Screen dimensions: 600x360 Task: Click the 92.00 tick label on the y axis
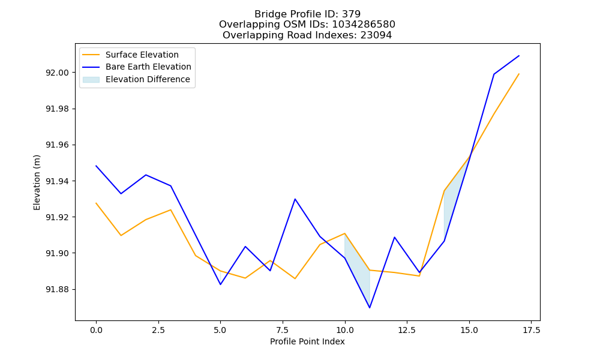pyautogui.click(x=58, y=73)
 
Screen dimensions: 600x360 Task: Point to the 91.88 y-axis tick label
pyautogui.click(x=58, y=289)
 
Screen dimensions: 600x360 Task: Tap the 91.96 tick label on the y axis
pyautogui.click(x=58, y=145)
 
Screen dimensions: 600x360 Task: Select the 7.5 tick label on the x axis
pyautogui.click(x=283, y=330)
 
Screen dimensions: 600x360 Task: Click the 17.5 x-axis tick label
pyautogui.click(x=531, y=330)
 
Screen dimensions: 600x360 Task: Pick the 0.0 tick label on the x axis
pyautogui.click(x=96, y=330)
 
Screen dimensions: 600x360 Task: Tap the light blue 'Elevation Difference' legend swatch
pyautogui.click(x=91, y=80)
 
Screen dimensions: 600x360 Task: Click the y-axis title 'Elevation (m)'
pyautogui.click(x=37, y=182)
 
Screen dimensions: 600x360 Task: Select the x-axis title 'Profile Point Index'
pyautogui.click(x=307, y=341)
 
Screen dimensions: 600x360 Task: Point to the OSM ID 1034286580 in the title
pyautogui.click(x=364, y=25)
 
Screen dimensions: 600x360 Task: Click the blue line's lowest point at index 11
pyautogui.click(x=370, y=308)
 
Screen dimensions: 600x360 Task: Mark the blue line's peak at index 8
pyautogui.click(x=295, y=199)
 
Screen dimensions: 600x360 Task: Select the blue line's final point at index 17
pyautogui.click(x=519, y=56)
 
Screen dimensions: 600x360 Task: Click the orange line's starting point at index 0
pyautogui.click(x=96, y=203)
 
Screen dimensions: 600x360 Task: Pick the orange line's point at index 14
pyautogui.click(x=444, y=191)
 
